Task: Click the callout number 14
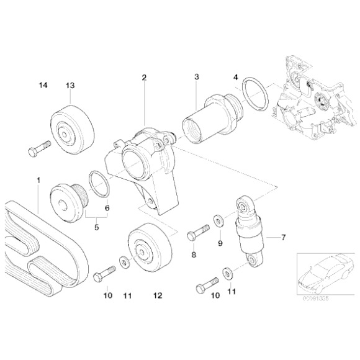tap(42, 85)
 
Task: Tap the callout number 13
tap(69, 85)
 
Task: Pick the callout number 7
tap(283, 237)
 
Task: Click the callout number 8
tap(193, 255)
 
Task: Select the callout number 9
tap(220, 243)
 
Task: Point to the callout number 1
tap(38, 180)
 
